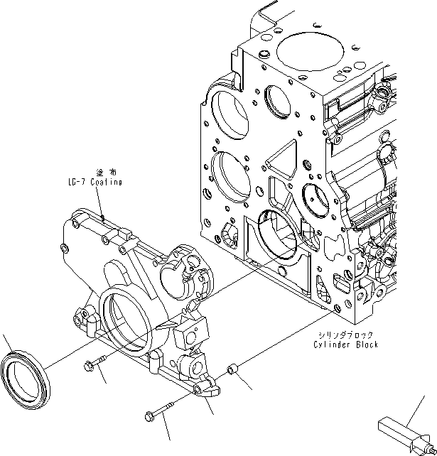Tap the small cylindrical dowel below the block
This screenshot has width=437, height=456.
(232, 371)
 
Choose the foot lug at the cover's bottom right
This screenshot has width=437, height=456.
(208, 387)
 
